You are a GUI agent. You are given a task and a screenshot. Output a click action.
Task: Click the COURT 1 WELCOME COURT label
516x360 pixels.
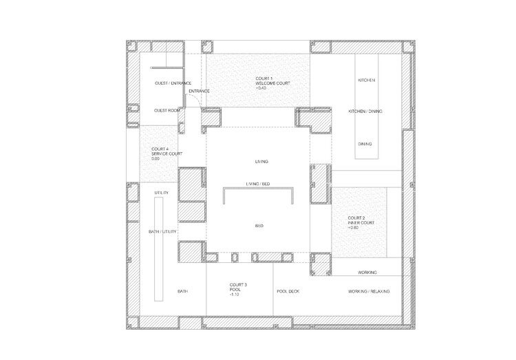[273, 81]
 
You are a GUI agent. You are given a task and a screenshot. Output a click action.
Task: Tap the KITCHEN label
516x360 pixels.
[366, 80]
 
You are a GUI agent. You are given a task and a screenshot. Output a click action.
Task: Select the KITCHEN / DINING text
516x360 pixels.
[365, 112]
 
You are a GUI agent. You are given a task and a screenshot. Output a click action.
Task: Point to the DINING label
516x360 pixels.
[365, 144]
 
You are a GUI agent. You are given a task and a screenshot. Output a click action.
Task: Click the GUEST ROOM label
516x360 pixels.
[167, 110]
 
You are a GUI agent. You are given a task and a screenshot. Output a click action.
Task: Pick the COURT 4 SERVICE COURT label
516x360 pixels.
[167, 151]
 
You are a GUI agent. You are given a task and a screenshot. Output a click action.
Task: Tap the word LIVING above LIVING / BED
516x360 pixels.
[261, 161]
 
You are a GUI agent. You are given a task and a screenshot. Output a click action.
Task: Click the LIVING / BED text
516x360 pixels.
[258, 184]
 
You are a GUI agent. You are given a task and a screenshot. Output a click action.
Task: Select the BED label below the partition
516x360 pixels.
[259, 226]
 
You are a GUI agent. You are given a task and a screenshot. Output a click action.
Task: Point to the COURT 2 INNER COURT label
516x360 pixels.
[361, 220]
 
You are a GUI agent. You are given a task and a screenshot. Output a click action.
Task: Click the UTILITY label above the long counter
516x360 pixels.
[162, 193]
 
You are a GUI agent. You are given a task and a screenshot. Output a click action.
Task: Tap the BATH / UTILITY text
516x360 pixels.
[162, 231]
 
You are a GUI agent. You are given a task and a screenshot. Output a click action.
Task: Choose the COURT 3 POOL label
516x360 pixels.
[238, 287]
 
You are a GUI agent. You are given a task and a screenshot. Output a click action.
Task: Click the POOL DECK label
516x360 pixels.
[288, 291]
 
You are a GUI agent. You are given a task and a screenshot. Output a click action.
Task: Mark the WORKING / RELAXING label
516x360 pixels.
[369, 291]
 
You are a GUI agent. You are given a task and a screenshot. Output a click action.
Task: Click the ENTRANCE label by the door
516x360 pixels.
[199, 91]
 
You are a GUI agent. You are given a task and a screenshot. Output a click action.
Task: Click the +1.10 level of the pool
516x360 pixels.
[235, 295]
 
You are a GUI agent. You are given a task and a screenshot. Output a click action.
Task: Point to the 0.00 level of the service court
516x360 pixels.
[155, 159]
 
